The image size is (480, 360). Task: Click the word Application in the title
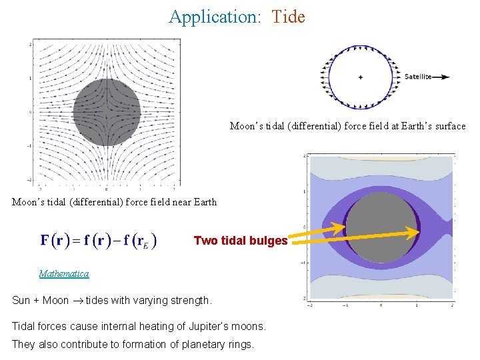(213, 17)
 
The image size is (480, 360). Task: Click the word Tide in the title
(288, 17)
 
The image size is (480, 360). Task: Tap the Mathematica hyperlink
(64, 273)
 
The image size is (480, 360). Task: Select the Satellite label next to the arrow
(418, 77)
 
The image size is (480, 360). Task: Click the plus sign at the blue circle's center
(361, 77)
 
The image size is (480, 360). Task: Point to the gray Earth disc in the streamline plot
(107, 112)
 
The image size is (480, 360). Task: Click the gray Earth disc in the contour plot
(381, 229)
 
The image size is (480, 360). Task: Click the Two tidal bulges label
(241, 241)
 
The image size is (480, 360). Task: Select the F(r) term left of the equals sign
(56, 241)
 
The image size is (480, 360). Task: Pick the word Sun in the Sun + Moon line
(22, 300)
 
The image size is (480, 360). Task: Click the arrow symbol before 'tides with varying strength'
(77, 301)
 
